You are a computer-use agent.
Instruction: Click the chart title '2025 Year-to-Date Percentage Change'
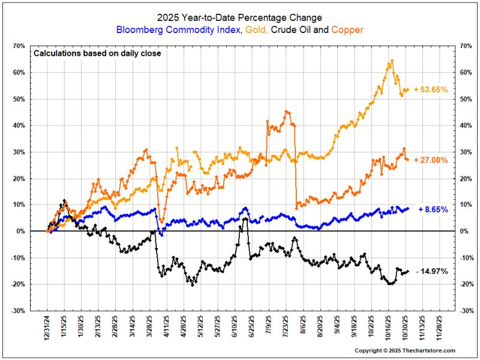click(239, 17)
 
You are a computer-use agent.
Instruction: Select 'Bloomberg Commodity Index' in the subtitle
click(178, 29)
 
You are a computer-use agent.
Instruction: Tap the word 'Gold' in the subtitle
click(256, 29)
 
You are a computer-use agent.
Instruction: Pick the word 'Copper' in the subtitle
click(347, 29)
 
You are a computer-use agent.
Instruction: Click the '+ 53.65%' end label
click(431, 89)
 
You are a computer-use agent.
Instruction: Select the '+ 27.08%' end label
click(431, 160)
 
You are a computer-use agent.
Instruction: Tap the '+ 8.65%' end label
click(433, 209)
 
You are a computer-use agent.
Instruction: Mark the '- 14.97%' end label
click(432, 271)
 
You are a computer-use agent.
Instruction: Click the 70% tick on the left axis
click(19, 46)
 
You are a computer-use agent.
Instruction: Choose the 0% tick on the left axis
click(20, 231)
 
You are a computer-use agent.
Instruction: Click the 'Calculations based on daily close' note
click(97, 53)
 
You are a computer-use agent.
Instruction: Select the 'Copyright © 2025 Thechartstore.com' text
click(404, 350)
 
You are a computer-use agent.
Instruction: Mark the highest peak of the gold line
click(392, 61)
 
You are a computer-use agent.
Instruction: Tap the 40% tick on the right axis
click(466, 125)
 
